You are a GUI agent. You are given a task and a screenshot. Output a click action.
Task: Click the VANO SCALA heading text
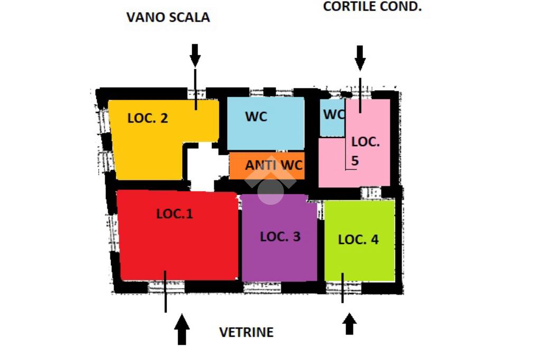[x=168, y=17]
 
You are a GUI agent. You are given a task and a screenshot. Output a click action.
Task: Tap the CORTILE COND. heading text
[x=372, y=6]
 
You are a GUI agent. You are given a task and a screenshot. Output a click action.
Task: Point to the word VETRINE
[x=246, y=332]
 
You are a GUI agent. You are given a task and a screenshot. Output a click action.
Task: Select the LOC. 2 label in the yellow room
[x=148, y=118]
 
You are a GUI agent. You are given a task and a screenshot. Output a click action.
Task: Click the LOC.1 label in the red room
[x=174, y=214]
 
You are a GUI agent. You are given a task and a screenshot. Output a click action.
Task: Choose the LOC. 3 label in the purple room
[x=280, y=236]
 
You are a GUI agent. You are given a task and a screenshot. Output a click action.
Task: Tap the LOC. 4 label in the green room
[x=358, y=240]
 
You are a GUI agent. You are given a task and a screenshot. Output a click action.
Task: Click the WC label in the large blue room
[x=256, y=117]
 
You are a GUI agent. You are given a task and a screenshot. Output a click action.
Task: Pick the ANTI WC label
[x=274, y=165]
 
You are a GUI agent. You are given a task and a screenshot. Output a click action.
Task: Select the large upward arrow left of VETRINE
[x=182, y=329]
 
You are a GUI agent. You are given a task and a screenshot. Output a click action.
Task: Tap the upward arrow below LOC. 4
[x=350, y=324]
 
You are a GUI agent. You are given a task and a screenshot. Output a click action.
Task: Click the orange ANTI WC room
[x=267, y=166]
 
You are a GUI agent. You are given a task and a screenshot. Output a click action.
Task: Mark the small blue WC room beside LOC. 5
[x=332, y=118]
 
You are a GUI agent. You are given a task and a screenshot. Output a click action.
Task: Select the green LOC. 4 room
[x=359, y=240]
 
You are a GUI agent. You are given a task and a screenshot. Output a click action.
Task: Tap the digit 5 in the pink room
[x=355, y=160]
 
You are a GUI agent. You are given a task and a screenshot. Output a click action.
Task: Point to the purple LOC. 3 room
[x=279, y=238]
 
